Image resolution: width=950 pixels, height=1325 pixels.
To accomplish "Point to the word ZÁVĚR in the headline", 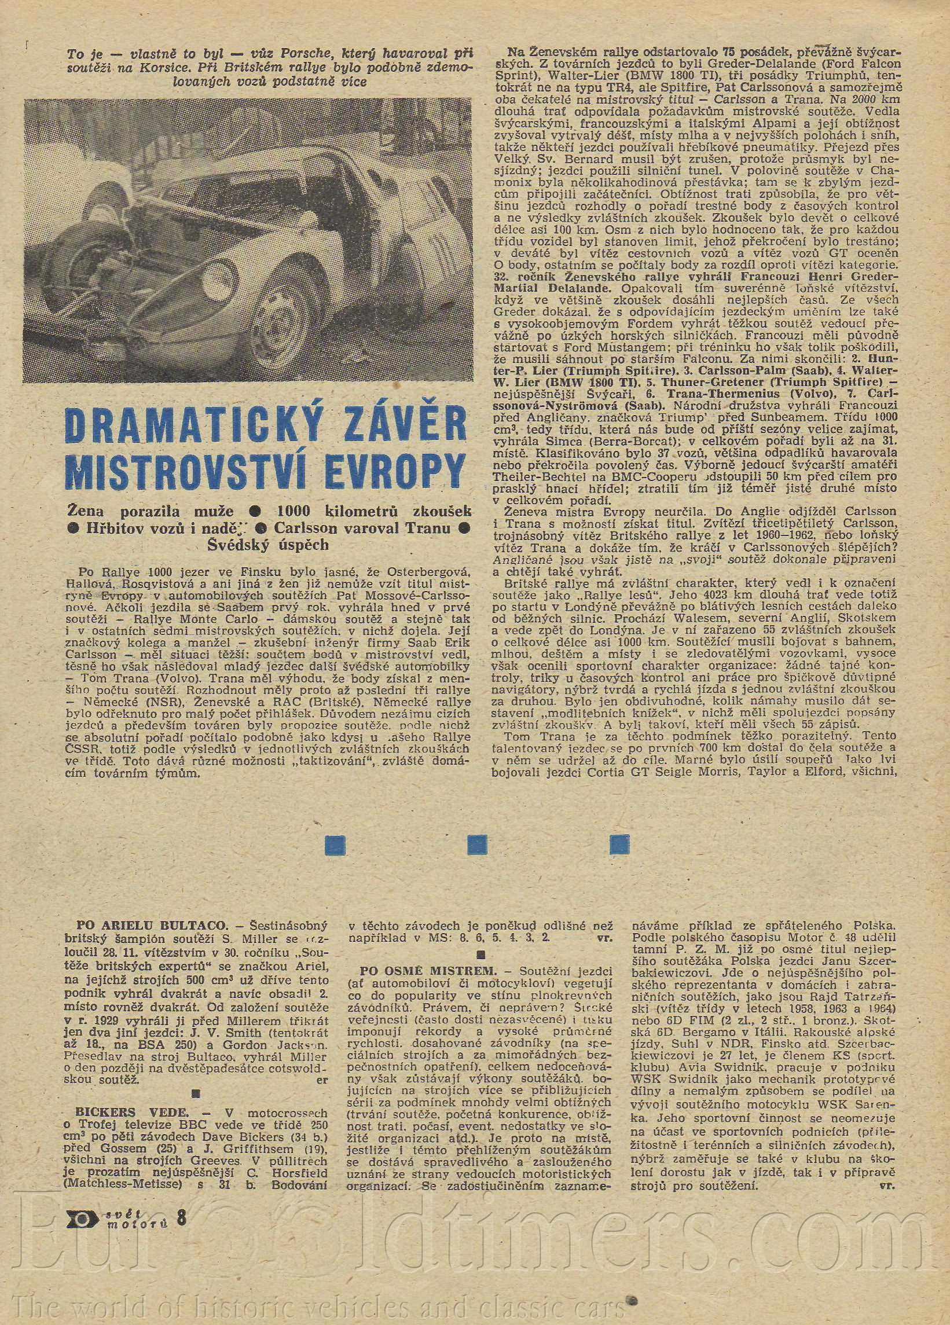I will coord(378,425).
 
